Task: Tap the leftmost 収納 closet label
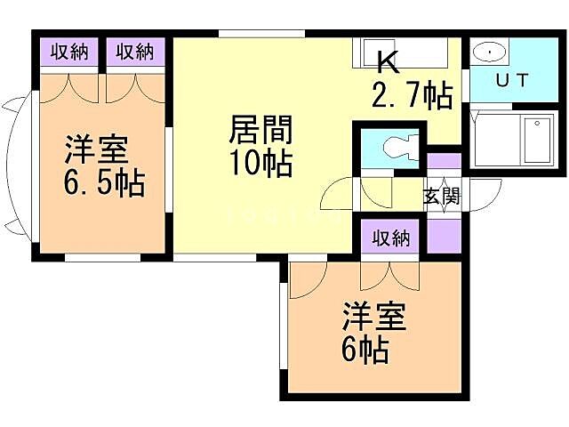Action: click(x=68, y=52)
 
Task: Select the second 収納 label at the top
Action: click(x=136, y=52)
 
